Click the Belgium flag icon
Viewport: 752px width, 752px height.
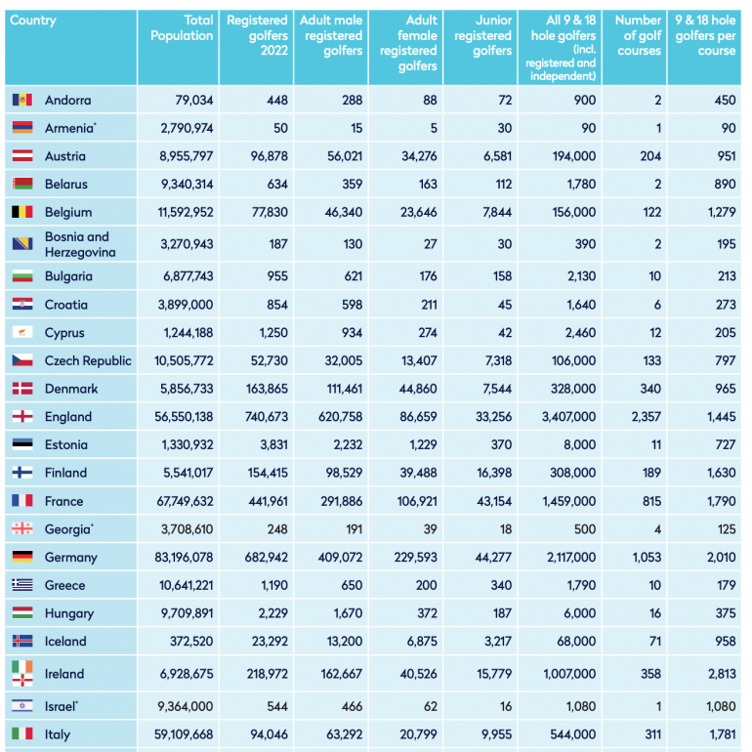tap(22, 212)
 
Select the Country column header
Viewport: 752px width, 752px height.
tap(33, 21)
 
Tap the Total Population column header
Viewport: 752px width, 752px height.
tap(182, 27)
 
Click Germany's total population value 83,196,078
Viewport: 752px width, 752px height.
tap(184, 558)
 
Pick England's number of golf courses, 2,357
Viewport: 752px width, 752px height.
tap(646, 417)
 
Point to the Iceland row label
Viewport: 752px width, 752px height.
tap(65, 642)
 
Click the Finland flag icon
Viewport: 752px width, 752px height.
tap(22, 473)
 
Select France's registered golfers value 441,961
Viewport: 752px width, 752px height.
tap(269, 501)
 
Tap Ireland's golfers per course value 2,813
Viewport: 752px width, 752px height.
tap(722, 674)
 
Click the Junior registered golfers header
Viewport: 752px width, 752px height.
tap(483, 35)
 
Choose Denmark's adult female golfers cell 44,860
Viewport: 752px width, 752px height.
tap(418, 389)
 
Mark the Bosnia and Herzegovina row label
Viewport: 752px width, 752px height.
tap(80, 244)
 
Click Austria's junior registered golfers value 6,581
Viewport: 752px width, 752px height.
tap(498, 156)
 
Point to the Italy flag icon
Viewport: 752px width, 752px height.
tap(22, 733)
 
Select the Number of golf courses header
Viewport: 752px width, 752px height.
tap(639, 35)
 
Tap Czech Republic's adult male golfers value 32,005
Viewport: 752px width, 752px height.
tap(344, 360)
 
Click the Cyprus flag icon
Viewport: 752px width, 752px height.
tap(22, 332)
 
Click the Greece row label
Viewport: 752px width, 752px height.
tap(64, 585)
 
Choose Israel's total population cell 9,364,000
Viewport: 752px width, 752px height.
tap(186, 706)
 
